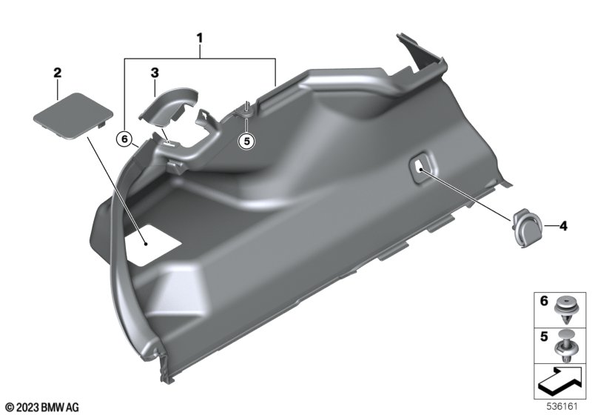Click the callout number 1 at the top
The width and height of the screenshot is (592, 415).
[199, 39]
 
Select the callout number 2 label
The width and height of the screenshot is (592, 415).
[58, 73]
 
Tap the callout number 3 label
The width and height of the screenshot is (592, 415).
[155, 73]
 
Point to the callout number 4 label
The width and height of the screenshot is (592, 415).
[563, 226]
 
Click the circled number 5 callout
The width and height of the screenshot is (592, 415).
[246, 141]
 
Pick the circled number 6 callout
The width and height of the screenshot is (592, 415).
[124, 139]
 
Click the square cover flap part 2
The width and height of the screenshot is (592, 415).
[73, 116]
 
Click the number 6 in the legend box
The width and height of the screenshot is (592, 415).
[544, 301]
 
